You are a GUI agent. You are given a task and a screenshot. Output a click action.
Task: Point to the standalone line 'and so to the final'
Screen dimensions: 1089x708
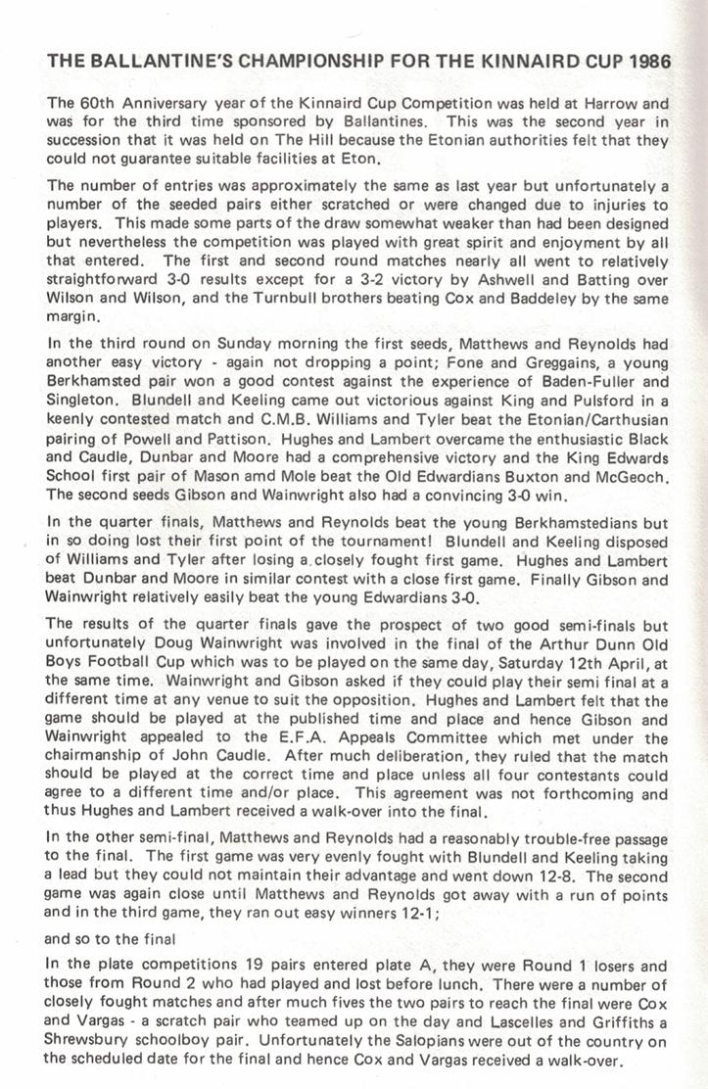point(109,938)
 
